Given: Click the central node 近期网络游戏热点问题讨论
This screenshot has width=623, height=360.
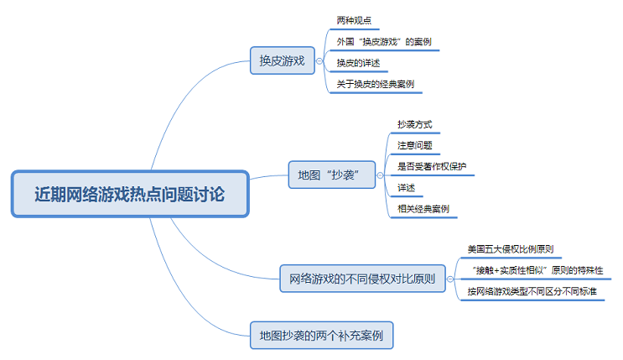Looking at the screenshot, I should [130, 195].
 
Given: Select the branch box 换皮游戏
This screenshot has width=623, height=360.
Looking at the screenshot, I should [281, 60].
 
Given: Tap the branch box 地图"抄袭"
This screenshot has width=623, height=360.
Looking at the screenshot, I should [331, 175].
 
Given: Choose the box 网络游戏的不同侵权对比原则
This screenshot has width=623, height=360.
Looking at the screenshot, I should [362, 278].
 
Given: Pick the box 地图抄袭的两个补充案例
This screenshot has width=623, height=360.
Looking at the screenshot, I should [321, 335].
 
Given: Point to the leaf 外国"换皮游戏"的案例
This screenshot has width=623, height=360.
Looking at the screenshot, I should [383, 41].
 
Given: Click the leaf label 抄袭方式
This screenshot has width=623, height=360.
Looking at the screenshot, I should [414, 124].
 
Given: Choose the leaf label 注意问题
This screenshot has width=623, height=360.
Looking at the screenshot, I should [414, 145].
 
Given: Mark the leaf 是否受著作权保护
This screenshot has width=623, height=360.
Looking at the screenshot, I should [431, 166].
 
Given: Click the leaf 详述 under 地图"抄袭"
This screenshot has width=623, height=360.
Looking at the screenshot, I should [406, 187].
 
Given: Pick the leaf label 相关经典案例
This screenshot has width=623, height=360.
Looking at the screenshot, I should [423, 208].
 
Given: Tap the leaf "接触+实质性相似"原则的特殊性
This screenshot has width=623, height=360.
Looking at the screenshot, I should [535, 270].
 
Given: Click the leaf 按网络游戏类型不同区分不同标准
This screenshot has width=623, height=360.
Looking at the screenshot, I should [532, 291].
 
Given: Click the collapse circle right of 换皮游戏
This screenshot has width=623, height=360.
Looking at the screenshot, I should [319, 60].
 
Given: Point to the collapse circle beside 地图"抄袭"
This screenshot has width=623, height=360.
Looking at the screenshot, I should [382, 175].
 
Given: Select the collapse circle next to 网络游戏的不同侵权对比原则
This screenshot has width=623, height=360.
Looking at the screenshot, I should [454, 278].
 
